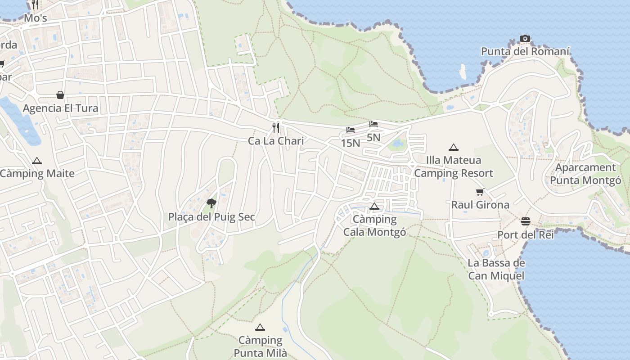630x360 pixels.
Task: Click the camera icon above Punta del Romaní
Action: point(525,39)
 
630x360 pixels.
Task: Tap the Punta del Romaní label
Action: point(525,51)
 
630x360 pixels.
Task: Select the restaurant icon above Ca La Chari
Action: point(276,128)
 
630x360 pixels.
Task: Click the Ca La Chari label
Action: point(276,141)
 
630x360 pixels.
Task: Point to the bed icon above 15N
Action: point(351,130)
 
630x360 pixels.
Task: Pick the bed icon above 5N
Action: point(373,124)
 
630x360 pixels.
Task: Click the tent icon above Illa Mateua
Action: point(454,147)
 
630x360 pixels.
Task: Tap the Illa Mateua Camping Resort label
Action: point(454,166)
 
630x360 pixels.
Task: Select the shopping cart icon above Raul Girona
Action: point(480,192)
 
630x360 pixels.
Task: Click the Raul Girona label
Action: point(480,205)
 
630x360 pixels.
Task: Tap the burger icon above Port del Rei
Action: point(525,221)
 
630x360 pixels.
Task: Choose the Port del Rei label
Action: point(525,234)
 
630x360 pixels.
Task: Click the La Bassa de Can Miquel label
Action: point(496,269)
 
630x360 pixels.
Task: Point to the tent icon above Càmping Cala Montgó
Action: point(374,207)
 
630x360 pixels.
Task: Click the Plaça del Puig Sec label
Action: point(211,217)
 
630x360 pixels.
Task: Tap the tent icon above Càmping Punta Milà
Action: point(260,328)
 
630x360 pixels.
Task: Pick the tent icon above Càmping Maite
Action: point(37,161)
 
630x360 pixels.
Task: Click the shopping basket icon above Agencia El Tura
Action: point(60,95)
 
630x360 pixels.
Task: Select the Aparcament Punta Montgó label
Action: point(585,174)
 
